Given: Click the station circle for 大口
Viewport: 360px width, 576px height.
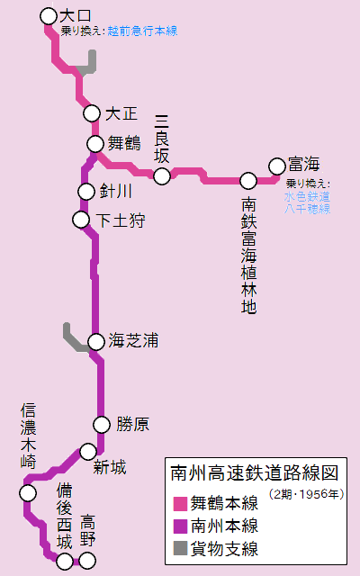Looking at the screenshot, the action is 49,16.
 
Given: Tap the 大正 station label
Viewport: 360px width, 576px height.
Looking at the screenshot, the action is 121,113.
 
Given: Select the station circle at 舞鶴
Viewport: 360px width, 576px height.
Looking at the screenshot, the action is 95,144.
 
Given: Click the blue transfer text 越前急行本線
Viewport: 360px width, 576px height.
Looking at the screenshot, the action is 142,31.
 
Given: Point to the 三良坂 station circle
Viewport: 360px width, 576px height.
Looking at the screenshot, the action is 162,176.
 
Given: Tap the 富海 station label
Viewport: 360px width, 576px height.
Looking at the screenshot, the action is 303,164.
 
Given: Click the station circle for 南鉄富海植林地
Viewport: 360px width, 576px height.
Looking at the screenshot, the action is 248,181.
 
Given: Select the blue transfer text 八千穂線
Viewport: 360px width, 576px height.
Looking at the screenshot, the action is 307,209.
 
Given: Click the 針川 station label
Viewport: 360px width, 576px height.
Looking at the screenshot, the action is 115,192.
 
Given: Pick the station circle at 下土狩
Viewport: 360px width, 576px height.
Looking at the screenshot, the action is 81,220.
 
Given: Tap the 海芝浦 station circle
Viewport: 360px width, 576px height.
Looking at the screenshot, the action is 96,342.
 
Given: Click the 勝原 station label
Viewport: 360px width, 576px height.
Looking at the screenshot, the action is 132,424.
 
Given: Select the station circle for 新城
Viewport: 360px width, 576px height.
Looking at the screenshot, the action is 88,452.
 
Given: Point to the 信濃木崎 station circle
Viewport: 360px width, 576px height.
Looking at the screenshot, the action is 28,493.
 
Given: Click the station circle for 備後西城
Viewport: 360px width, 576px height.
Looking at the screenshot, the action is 65,561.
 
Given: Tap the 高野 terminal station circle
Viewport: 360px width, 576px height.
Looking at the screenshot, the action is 87,561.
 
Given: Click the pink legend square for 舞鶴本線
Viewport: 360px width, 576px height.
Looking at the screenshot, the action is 180,504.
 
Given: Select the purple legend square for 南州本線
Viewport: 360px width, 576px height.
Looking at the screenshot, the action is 180,526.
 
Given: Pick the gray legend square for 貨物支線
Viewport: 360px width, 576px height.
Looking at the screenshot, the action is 180,548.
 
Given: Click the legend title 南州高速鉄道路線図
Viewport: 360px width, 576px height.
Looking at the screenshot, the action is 254,473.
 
